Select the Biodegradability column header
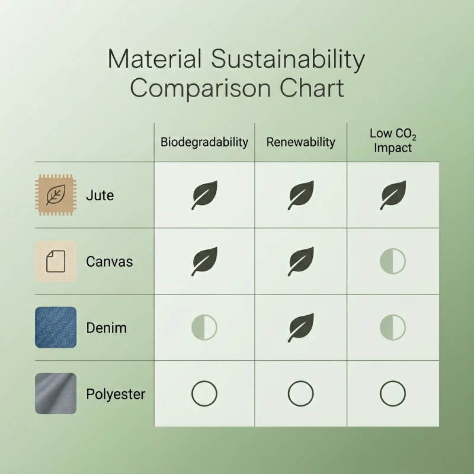tap(204, 142)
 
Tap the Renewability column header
tap(300, 142)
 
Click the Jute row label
tap(100, 194)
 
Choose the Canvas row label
tap(110, 261)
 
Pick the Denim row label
tap(106, 327)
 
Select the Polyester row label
tap(116, 393)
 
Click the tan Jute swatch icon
tap(56, 195)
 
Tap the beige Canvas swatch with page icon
tap(56, 261)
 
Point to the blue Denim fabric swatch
tap(56, 327)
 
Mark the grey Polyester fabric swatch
tap(56, 393)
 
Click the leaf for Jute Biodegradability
tap(204, 195)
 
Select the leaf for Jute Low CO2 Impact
tap(393, 195)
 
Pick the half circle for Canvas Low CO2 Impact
tap(393, 261)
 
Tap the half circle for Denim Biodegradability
tap(204, 327)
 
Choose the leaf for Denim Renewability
tap(300, 327)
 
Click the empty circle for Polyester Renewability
tap(300, 393)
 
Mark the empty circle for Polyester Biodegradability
tap(204, 393)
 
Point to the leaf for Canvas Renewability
tap(300, 261)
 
